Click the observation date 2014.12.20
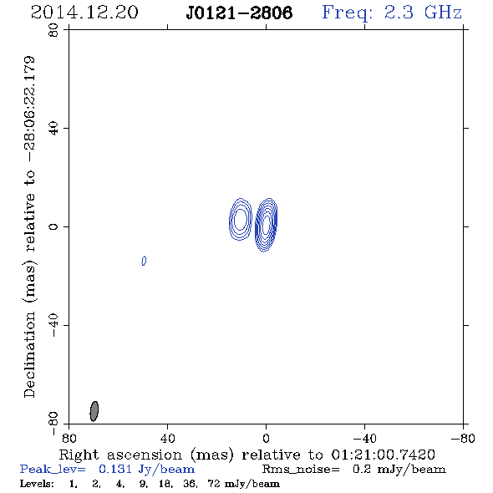[84, 13]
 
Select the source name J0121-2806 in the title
[239, 13]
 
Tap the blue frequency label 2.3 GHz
[423, 13]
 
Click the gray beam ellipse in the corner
[94, 411]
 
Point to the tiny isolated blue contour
[144, 261]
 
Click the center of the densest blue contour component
[266, 225]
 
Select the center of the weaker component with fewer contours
[240, 220]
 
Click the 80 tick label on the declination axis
[53, 30]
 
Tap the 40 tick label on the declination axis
[53, 129]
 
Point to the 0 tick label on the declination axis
[53, 226]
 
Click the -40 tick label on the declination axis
[53, 325]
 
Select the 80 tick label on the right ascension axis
[69, 438]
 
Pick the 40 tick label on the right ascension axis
[167, 438]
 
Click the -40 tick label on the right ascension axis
[364, 438]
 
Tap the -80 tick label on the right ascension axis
[463, 438]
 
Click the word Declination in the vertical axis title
[29, 354]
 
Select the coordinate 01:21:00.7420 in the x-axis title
[384, 455]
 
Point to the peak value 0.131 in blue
[115, 469]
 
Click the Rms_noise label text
[301, 470]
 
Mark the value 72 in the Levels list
[213, 483]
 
